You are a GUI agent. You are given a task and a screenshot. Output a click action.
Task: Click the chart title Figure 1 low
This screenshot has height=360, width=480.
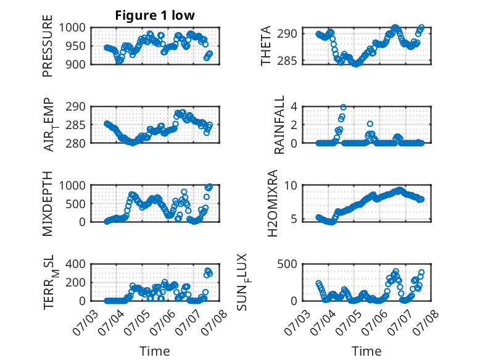coord(155,15)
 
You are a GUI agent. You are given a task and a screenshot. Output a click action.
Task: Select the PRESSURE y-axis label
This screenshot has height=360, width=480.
coord(48,46)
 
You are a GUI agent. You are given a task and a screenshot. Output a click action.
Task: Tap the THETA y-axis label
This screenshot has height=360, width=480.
coord(266,46)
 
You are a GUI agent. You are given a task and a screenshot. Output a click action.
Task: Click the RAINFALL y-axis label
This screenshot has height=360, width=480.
coord(279,125)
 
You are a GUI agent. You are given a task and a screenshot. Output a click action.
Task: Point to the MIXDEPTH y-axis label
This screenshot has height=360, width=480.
coord(48,203)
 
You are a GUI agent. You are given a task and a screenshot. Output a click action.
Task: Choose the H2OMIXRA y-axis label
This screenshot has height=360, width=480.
coord(272,203)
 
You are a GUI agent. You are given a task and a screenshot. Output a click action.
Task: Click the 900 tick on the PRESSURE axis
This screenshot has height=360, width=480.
coord(76,64)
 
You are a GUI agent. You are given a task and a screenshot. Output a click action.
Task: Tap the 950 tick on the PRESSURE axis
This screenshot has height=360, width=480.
coord(76,46)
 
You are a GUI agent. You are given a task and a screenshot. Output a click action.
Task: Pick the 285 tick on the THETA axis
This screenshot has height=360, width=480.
coord(287,61)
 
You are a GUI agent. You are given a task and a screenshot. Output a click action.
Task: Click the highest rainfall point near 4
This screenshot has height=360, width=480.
coord(343,107)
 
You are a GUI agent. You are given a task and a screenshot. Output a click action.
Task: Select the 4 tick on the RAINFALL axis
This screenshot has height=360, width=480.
coord(294,107)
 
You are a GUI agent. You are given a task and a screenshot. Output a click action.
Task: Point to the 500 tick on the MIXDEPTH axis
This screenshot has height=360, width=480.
coord(76,204)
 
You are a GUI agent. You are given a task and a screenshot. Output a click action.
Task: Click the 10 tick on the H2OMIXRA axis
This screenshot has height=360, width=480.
coord(291,185)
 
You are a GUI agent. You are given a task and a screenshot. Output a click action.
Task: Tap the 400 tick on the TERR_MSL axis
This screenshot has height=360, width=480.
coord(76,264)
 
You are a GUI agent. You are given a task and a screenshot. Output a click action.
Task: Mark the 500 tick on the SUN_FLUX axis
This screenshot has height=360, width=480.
coord(287,264)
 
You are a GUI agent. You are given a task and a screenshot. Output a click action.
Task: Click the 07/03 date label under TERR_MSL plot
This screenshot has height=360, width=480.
coord(85,322)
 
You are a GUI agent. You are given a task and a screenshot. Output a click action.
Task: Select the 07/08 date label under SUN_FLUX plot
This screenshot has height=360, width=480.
coord(426,322)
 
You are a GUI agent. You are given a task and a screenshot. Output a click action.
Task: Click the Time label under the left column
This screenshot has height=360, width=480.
coord(155,351)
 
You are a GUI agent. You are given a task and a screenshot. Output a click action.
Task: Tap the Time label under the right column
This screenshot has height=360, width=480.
coord(366,351)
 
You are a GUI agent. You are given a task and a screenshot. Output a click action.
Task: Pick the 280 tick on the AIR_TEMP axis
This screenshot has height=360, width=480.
coord(76,143)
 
